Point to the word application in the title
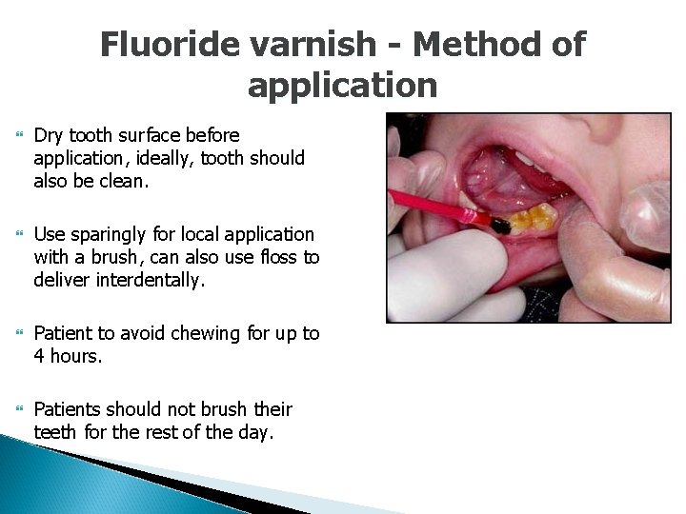[342, 86]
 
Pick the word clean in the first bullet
[125, 181]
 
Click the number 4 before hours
[39, 356]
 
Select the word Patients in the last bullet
[67, 409]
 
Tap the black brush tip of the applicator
[497, 226]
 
